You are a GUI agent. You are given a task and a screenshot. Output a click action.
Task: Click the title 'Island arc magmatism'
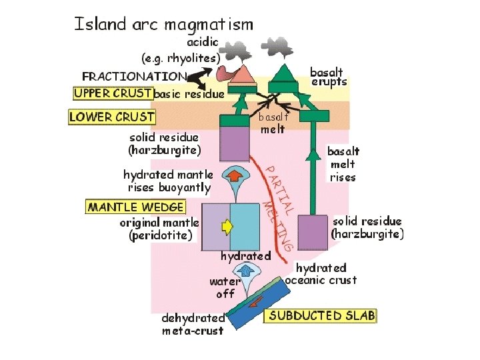coord(163,25)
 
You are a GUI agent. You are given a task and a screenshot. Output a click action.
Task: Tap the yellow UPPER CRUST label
coord(113,93)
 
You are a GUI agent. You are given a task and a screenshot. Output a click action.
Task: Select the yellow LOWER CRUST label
coord(112,117)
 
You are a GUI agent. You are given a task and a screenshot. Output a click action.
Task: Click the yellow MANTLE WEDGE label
coord(135,207)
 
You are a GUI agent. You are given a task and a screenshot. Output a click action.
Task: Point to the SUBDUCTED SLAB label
coord(322,315)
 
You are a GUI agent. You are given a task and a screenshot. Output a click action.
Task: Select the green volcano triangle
coord(288,73)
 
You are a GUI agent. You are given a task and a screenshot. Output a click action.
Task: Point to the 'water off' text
coord(225,287)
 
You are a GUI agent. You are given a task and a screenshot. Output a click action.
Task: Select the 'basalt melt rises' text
coord(343,164)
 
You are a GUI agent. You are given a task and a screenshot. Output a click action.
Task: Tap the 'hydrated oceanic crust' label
coord(321,273)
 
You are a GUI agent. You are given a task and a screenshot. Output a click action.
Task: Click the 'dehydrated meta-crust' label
coord(193,324)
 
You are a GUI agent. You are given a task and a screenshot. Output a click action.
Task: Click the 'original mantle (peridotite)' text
coord(159,228)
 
